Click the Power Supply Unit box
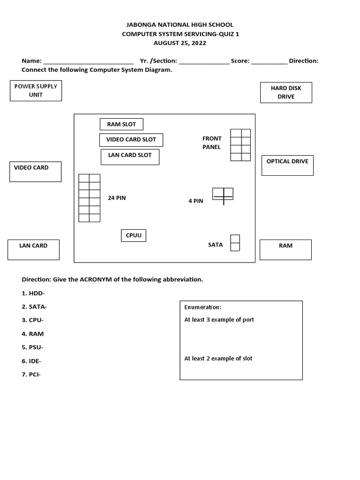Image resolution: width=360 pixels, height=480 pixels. click(36, 90)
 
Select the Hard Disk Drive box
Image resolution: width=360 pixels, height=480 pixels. click(286, 92)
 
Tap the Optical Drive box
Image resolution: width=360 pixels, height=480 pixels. click(287, 165)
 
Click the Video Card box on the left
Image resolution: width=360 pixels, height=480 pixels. click(35, 172)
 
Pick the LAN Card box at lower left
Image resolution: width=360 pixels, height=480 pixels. click(33, 249)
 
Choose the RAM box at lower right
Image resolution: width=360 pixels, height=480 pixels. click(285, 249)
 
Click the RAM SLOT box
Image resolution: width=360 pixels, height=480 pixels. click(121, 124)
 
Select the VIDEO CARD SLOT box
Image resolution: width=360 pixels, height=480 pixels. click(131, 140)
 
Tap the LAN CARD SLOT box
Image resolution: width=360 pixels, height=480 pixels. click(130, 157)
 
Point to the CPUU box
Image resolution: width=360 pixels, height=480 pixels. click(133, 235)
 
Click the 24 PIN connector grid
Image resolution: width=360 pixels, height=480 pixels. click(89, 198)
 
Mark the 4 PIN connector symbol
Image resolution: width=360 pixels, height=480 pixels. click(223, 194)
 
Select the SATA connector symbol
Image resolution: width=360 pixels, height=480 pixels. click(235, 243)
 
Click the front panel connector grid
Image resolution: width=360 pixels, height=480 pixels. click(240, 145)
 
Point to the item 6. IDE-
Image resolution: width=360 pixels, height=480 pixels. click(31, 361)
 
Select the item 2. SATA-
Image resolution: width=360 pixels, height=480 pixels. click(34, 307)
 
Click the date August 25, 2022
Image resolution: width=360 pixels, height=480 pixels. click(180, 43)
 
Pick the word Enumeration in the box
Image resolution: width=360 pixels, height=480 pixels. click(202, 307)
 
